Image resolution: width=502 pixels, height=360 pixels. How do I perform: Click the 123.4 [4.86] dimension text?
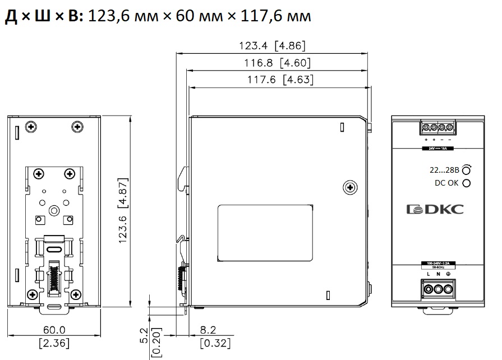point(272,47)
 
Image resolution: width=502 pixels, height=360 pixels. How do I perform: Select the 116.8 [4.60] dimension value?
point(278,63)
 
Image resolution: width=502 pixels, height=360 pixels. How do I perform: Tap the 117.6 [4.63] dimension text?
point(280,80)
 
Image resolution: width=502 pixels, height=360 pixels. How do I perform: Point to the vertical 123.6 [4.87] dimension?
point(124,212)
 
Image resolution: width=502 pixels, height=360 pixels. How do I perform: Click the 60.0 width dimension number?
point(54,331)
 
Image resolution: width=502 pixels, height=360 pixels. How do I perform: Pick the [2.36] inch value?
point(54,343)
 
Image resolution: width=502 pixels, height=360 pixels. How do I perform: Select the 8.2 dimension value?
point(208,331)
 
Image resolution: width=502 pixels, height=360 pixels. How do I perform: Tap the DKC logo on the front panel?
point(435,210)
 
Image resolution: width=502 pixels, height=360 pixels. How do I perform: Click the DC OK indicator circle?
point(467,183)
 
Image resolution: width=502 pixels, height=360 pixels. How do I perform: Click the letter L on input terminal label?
point(428,274)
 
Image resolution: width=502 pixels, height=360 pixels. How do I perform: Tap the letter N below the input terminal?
point(437,274)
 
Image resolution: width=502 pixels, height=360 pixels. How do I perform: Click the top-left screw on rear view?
point(31,128)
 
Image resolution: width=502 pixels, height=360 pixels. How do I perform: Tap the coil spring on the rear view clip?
point(55,276)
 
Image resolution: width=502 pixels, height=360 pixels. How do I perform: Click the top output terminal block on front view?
point(437,128)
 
